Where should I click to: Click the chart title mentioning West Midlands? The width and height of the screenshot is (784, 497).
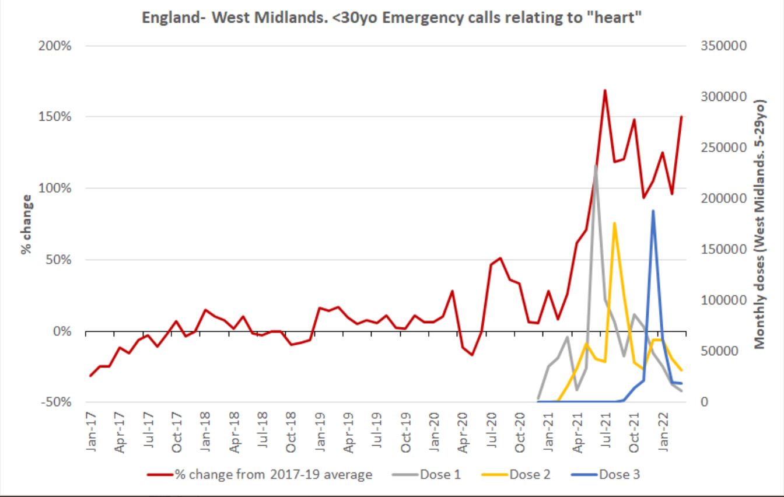click(392, 17)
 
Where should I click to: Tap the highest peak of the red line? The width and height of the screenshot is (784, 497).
click(605, 90)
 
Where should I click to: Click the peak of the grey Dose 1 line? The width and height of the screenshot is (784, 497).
click(596, 166)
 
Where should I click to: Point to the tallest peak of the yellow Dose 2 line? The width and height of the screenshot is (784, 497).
click(614, 223)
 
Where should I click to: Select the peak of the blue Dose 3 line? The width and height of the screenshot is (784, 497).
click(653, 211)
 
